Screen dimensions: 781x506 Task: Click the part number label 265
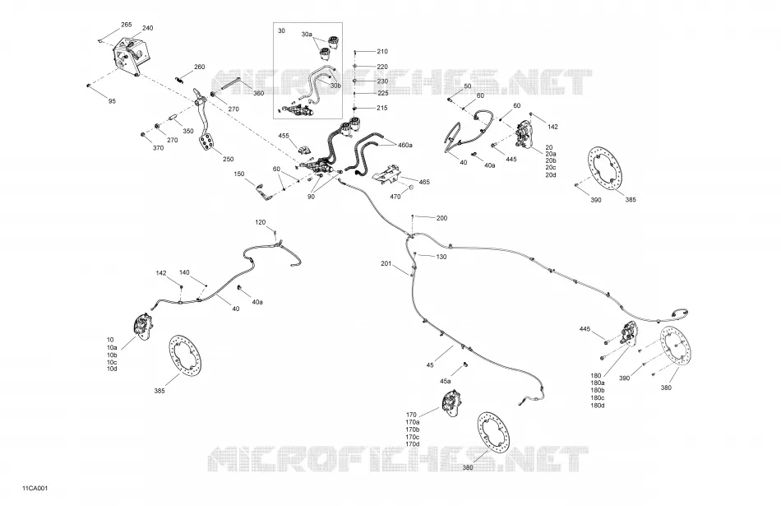pyautogui.click(x=127, y=25)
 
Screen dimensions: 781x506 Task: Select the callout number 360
pyautogui.click(x=258, y=93)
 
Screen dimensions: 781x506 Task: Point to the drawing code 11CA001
pyautogui.click(x=35, y=488)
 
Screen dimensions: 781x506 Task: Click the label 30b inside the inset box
pyautogui.click(x=335, y=86)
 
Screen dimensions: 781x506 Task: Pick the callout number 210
pyautogui.click(x=382, y=51)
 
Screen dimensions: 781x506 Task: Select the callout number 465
pyautogui.click(x=424, y=183)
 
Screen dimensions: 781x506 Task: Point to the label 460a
pyautogui.click(x=405, y=145)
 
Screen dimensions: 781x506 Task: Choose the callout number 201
pyautogui.click(x=386, y=263)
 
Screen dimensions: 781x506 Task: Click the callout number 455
pyautogui.click(x=284, y=136)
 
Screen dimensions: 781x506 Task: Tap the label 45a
pyautogui.click(x=446, y=382)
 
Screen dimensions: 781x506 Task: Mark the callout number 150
pyautogui.click(x=239, y=174)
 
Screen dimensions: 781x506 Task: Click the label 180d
pyautogui.click(x=597, y=406)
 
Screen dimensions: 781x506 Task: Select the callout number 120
pyautogui.click(x=261, y=222)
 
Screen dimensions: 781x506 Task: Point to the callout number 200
pyautogui.click(x=441, y=218)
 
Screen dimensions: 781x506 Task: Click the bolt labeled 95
pyautogui.click(x=89, y=86)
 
